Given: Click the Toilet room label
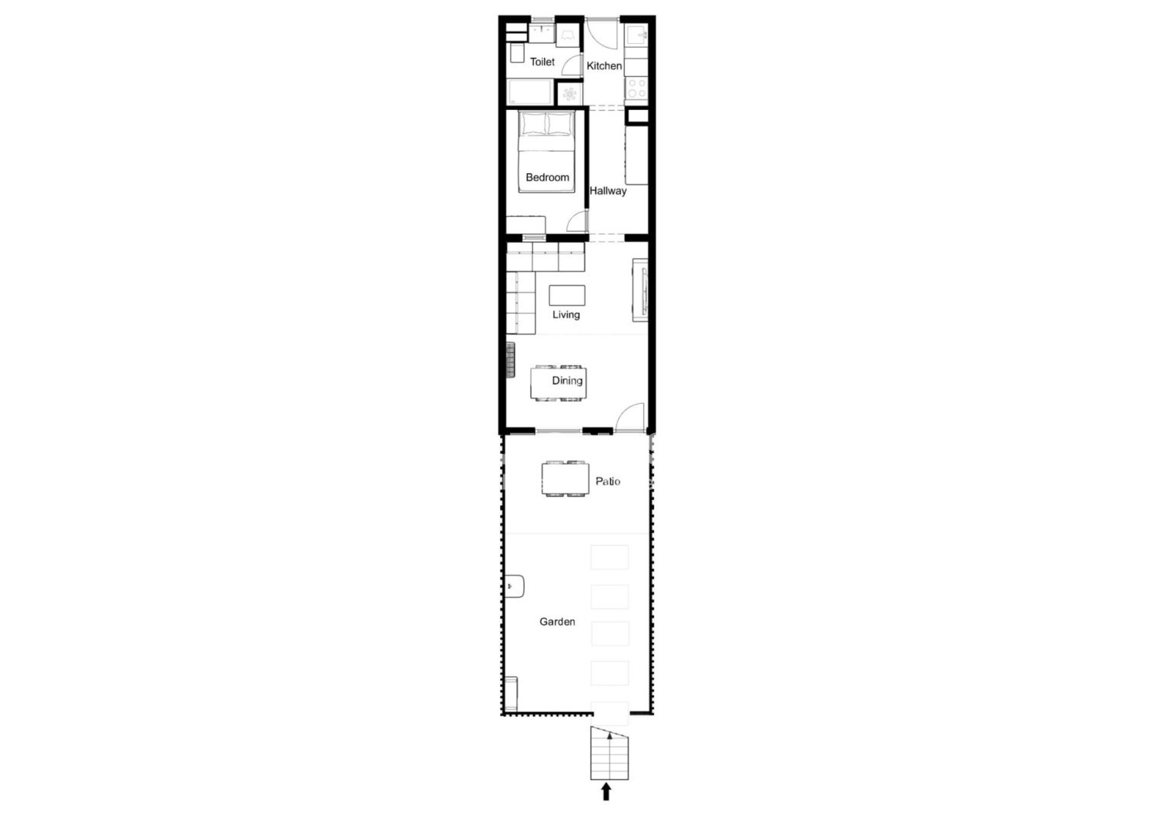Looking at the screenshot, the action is click(x=542, y=62).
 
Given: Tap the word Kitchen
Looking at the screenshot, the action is click(x=604, y=66).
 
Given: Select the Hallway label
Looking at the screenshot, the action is click(x=608, y=191).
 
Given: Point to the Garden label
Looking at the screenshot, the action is click(x=557, y=621).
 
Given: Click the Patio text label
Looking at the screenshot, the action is click(x=608, y=481).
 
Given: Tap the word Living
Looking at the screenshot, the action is click(x=566, y=315).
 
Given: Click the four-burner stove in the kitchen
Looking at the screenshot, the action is click(x=636, y=88).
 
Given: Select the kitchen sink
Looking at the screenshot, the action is click(x=637, y=35).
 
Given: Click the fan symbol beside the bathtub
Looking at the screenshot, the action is click(x=569, y=95).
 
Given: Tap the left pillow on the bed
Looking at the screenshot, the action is click(x=533, y=124).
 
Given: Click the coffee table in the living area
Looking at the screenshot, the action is click(x=567, y=295).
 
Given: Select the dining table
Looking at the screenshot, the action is click(x=559, y=383).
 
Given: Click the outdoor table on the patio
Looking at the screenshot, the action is click(x=565, y=479).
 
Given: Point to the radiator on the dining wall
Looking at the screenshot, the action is click(x=511, y=360).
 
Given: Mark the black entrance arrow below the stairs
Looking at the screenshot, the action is click(x=606, y=792).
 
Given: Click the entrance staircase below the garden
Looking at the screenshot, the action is click(x=609, y=753).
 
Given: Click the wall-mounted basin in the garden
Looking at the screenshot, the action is click(x=515, y=586).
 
